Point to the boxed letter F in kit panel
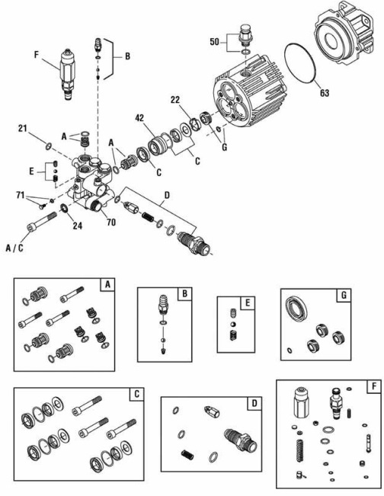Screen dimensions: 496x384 pos(371,386)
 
